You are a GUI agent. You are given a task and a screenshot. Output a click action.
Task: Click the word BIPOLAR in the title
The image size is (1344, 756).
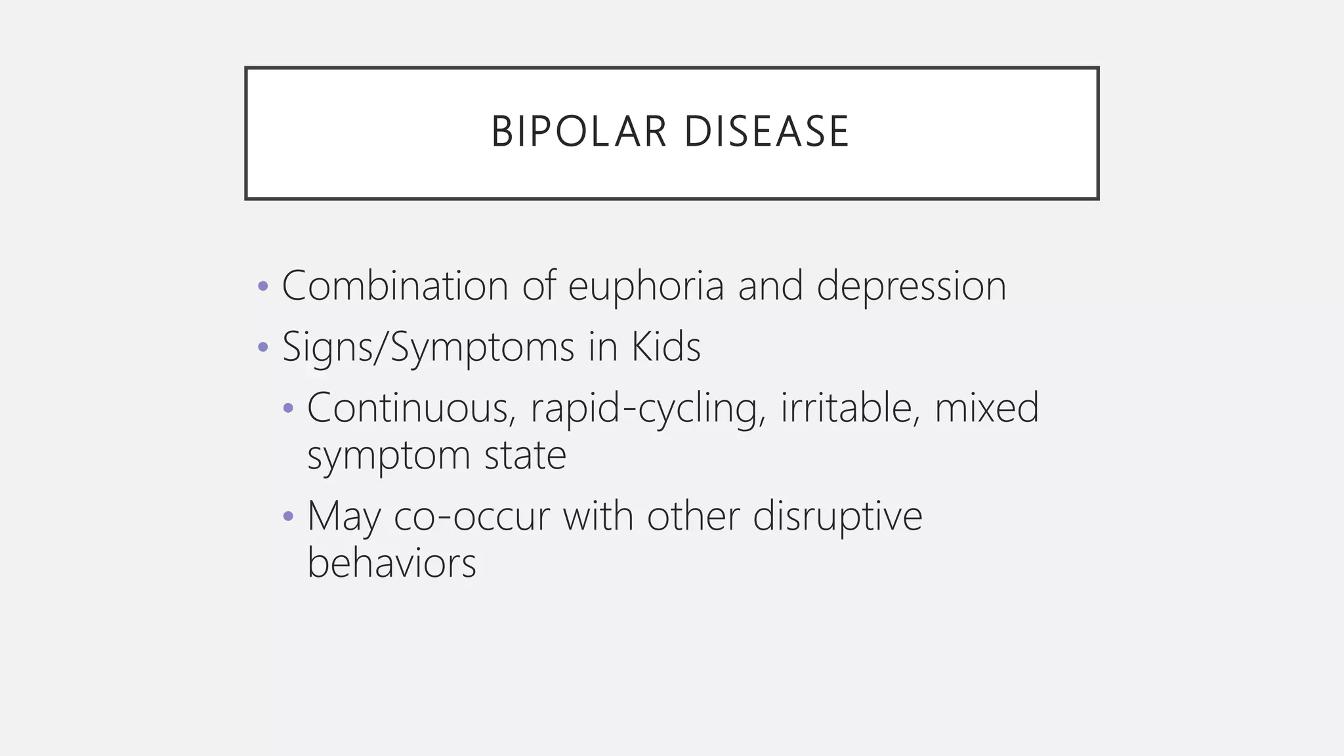579,132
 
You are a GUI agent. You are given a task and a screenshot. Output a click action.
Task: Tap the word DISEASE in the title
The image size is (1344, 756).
766,132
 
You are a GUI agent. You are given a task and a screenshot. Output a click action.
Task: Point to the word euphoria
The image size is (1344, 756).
646,286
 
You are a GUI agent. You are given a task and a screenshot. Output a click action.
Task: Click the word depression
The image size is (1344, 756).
911,287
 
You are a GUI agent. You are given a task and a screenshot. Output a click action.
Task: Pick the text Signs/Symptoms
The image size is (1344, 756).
428,347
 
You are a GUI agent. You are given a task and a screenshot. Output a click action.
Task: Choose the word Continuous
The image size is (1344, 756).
407,408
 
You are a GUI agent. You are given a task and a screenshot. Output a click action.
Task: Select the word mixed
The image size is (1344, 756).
987,408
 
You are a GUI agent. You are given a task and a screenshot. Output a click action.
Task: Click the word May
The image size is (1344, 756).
343,517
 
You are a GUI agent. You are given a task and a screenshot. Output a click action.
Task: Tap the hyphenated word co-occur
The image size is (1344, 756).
471,516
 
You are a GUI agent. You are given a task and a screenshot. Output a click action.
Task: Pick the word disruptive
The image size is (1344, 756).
837,516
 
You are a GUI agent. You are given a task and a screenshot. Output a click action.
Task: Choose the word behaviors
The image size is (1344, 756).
392,563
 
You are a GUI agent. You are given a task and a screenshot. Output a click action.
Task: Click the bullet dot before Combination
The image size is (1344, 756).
263,286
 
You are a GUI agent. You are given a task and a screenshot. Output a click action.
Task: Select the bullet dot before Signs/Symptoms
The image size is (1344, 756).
263,346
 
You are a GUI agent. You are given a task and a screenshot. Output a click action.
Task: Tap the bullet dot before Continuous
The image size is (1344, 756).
288,408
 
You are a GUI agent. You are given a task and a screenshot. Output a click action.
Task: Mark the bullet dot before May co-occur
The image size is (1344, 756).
288,516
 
